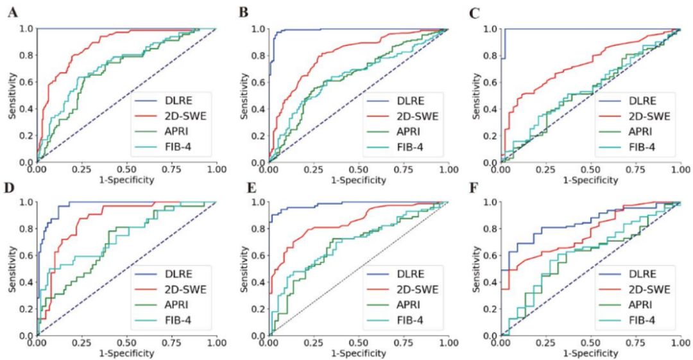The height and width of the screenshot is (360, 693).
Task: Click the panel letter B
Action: coord(243,12)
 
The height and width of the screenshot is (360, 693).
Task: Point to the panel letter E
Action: coord(243,187)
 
